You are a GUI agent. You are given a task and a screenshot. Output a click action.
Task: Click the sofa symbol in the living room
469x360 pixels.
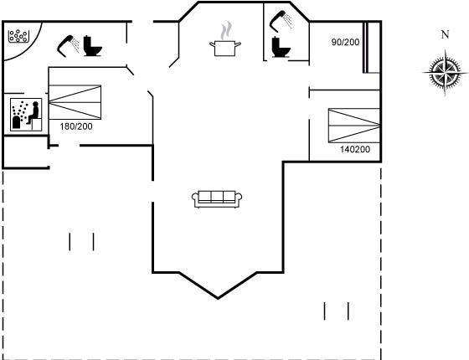point(217,199)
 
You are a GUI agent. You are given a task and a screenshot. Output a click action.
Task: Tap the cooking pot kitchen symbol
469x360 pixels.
point(225,49)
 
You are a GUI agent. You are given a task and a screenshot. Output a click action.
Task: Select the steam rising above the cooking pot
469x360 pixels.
point(226,30)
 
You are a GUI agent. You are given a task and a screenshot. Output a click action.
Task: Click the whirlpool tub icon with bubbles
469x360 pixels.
point(18,36)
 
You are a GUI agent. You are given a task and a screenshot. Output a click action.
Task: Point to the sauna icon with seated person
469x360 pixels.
point(26,115)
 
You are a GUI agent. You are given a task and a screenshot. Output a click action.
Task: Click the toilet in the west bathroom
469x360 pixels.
point(92,46)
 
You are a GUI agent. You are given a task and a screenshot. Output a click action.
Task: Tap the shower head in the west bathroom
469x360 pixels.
point(68,46)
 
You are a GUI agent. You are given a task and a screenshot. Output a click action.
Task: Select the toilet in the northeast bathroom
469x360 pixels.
point(281,47)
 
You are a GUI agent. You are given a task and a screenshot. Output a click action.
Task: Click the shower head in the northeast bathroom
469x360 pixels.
point(281,21)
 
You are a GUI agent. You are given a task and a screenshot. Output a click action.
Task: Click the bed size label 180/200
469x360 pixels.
point(76,126)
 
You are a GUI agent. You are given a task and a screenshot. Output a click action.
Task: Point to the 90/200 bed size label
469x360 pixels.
point(345,42)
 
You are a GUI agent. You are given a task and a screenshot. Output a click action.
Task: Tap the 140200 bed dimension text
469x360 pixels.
point(355,149)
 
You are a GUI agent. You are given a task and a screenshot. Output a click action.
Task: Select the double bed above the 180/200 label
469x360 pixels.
point(75,102)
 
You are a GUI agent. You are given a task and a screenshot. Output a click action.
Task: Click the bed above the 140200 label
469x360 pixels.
point(354,126)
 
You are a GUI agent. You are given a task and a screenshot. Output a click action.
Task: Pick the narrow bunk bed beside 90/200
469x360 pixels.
point(372,47)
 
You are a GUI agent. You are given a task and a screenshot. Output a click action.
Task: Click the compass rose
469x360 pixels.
point(445,73)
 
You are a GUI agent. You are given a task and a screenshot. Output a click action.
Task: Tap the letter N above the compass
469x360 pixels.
point(445,34)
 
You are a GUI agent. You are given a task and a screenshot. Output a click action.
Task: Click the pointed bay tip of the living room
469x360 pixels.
point(218,298)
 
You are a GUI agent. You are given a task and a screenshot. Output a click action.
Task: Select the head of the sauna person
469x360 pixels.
point(35,104)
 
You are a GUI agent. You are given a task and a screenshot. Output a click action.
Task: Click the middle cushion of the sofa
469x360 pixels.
point(217,197)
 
